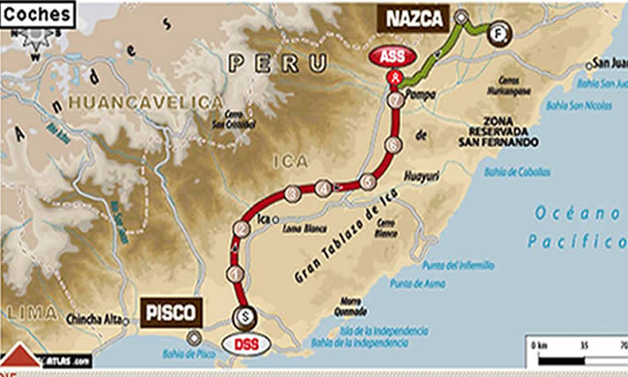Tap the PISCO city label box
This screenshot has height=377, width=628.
point(173,312)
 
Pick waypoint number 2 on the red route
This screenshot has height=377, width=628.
point(239,229)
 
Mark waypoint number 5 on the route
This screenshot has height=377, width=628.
point(367,181)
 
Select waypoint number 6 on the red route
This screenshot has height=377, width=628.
point(391,145)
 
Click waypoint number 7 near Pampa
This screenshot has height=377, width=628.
point(394,100)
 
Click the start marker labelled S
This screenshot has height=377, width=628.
point(245,315)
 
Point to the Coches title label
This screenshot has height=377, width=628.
point(36,14)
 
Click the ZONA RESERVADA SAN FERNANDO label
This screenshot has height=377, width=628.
point(498,132)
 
